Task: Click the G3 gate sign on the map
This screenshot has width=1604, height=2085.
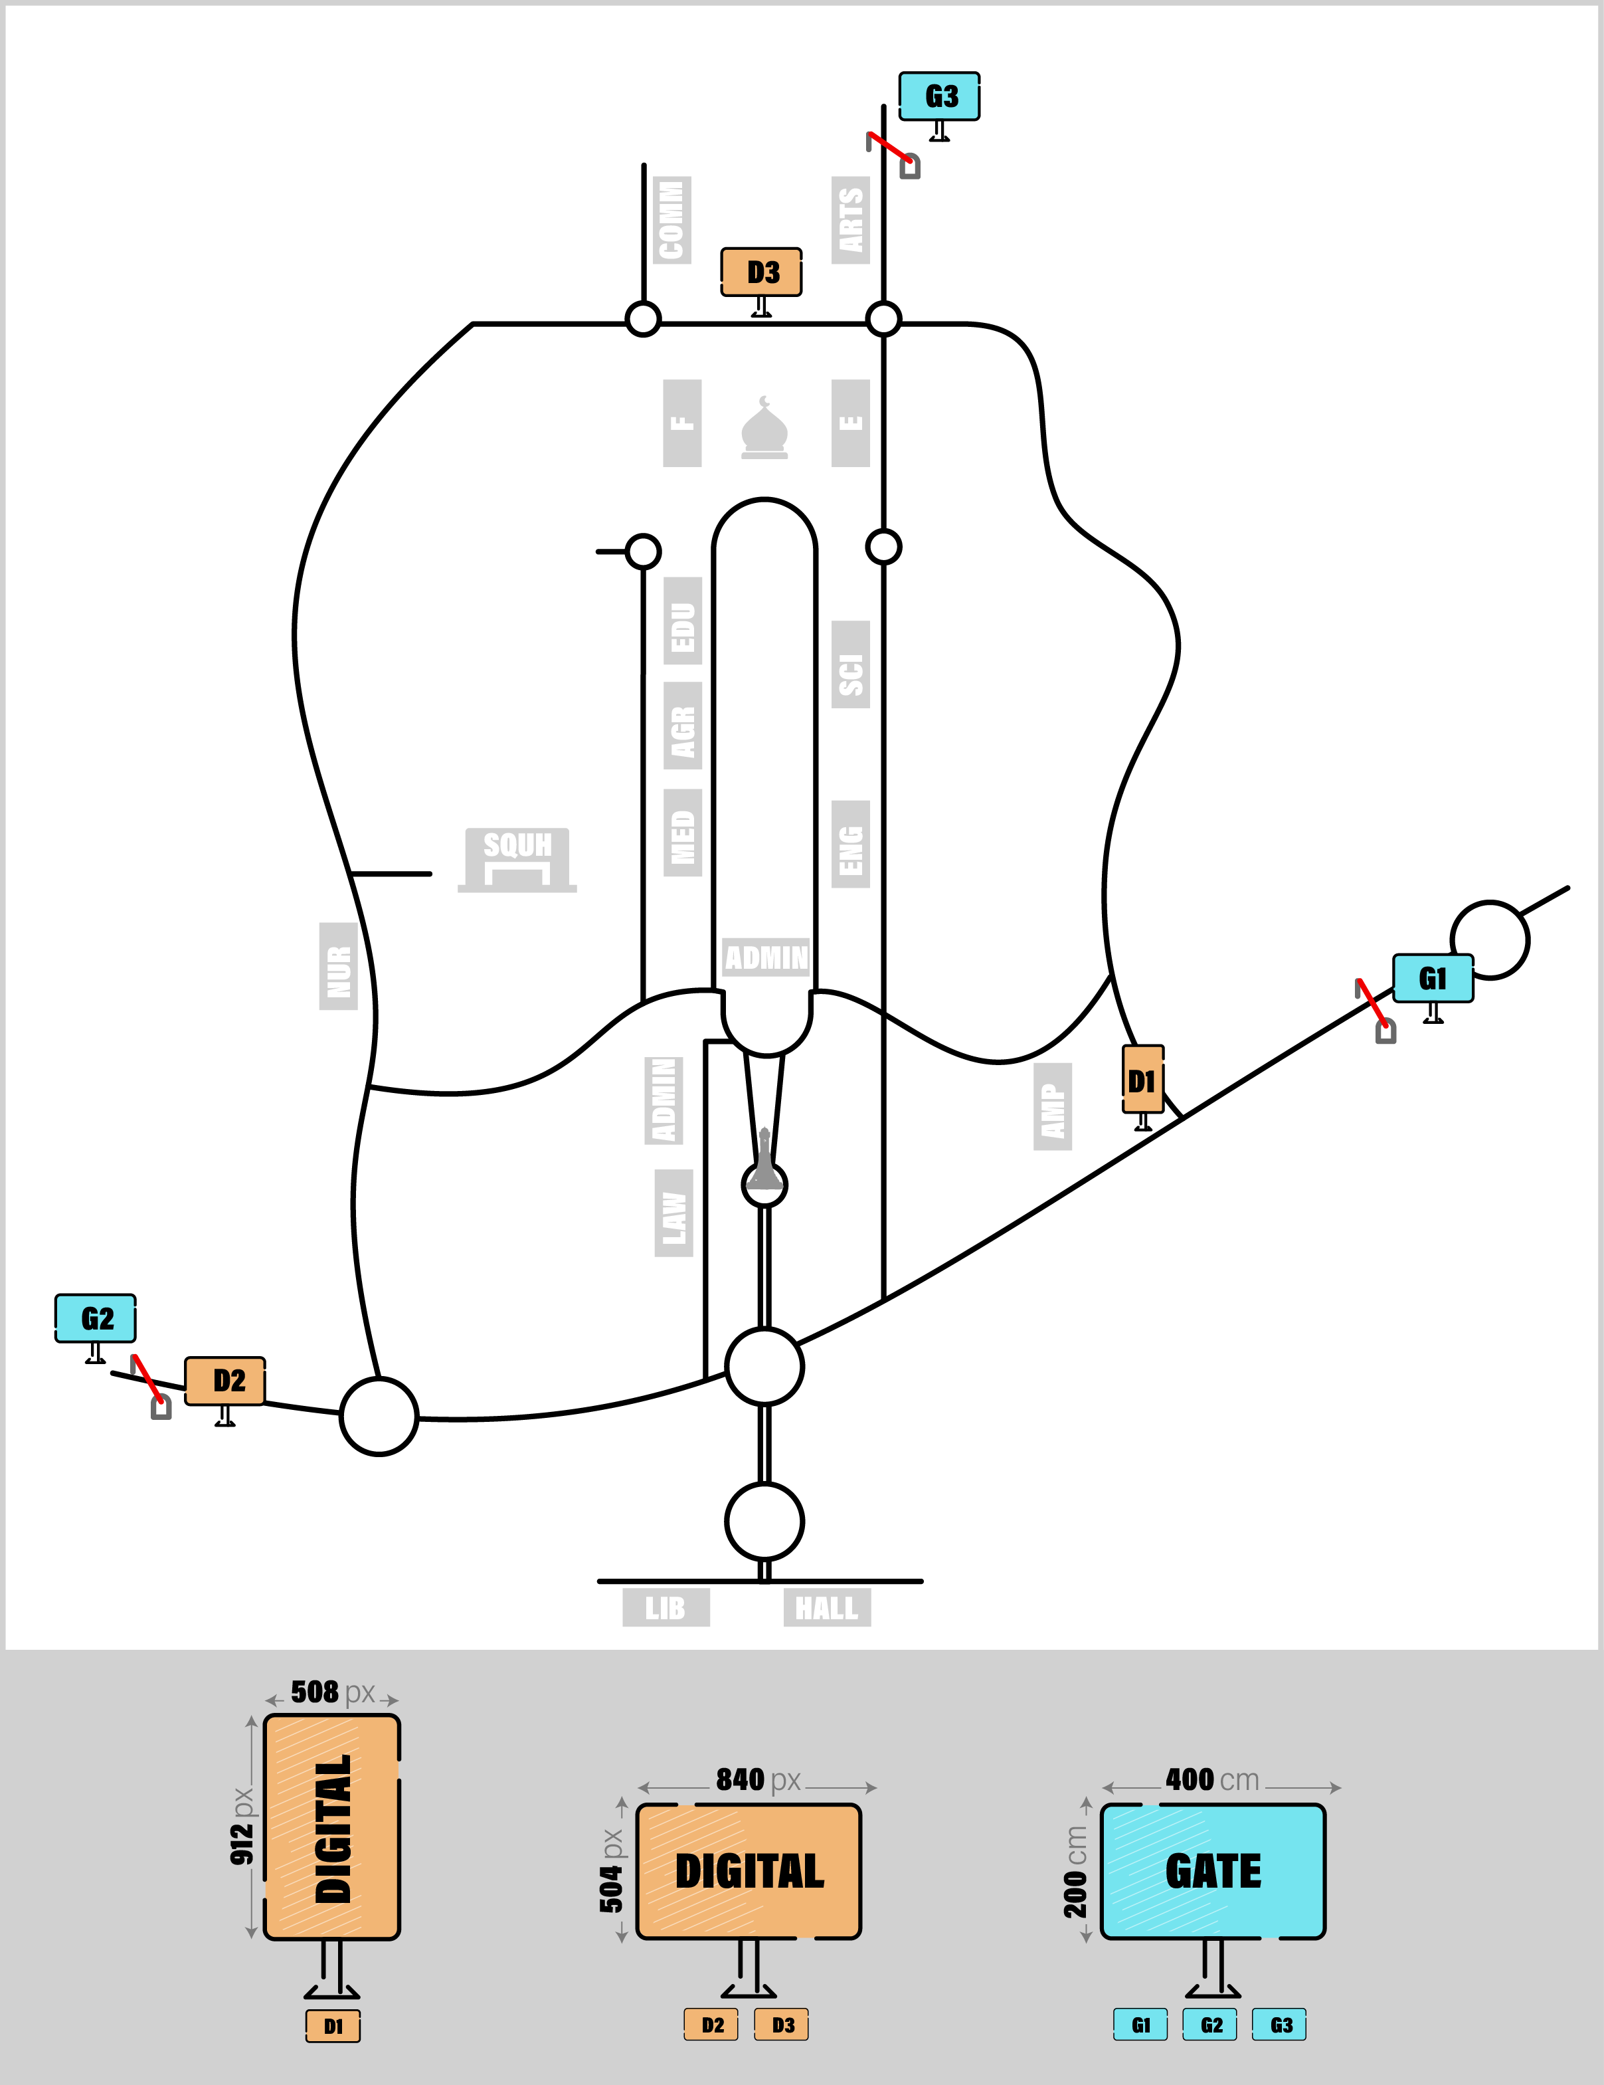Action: (x=939, y=96)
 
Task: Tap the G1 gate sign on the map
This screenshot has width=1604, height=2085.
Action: (x=1432, y=979)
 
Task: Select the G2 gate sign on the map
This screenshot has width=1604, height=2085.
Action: (x=96, y=1318)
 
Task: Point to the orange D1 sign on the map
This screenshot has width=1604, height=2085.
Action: (x=1142, y=1080)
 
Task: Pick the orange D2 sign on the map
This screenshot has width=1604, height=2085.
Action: (x=225, y=1381)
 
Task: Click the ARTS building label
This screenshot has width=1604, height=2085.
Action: (x=850, y=219)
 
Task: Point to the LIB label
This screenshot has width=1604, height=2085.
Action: (x=665, y=1608)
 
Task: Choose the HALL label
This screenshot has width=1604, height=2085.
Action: (x=826, y=1608)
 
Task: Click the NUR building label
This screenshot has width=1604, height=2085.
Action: (x=338, y=966)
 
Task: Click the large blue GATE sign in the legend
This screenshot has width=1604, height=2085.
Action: (x=1213, y=1871)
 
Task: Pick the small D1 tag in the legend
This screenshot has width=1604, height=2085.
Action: (x=333, y=2026)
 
